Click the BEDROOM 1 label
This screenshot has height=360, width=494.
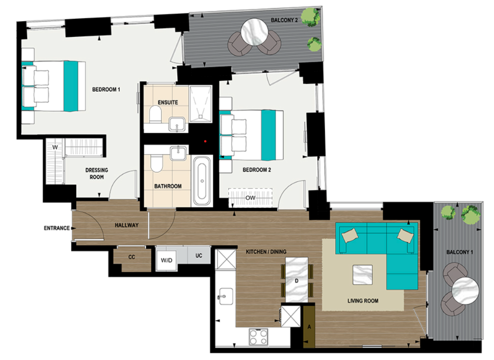106,90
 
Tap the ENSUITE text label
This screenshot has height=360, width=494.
168,103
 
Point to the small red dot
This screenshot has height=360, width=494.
205,142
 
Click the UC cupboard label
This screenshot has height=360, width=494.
199,256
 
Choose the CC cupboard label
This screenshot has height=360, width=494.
132,257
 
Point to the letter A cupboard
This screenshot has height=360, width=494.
309,327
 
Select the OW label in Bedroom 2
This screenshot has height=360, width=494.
250,197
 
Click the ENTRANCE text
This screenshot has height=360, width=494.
57,228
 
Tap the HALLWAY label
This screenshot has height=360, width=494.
126,225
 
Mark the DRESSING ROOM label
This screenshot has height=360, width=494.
97,174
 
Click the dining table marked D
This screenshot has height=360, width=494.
297,280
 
